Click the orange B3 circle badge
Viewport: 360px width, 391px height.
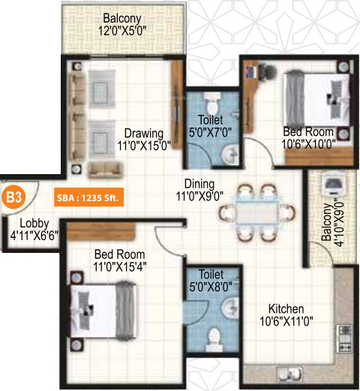(13, 198)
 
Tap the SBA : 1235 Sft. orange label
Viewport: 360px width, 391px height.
(87, 199)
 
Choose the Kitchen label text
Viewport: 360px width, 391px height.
(286, 308)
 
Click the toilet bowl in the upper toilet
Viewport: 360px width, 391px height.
(212, 103)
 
